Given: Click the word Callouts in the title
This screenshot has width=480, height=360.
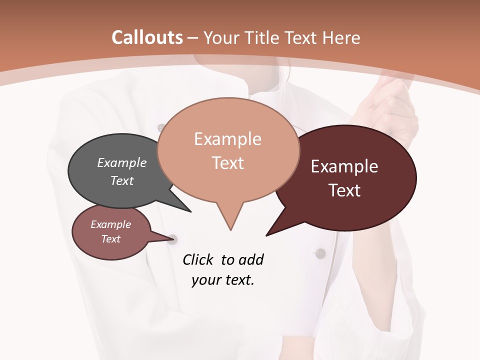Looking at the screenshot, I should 147,37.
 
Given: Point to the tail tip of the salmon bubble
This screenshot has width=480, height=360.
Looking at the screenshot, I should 230,230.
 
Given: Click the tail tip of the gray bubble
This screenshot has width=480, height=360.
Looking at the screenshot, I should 190,211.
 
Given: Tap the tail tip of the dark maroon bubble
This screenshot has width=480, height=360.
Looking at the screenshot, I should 266,235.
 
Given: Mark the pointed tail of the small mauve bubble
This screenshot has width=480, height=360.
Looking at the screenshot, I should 175,240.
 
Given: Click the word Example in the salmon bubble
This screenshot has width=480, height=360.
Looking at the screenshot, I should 227,139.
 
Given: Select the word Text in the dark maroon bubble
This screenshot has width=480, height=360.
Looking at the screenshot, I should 344,190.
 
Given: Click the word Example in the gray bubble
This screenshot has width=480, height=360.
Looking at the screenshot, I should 122,163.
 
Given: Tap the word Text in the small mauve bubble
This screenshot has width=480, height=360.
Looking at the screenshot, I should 111,239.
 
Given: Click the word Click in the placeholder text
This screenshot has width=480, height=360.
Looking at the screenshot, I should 198,259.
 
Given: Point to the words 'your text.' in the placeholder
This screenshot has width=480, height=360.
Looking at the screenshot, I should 223,280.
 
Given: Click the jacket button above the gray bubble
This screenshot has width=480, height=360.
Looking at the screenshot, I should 161,127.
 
